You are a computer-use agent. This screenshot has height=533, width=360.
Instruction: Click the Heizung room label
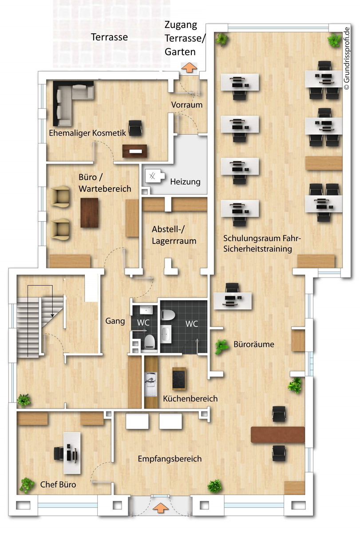(185, 182)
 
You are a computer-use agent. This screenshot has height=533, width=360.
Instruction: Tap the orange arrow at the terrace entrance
(189, 67)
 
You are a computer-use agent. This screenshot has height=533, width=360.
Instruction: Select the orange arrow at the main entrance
(161, 507)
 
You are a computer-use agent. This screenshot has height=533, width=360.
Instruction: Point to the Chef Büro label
(58, 484)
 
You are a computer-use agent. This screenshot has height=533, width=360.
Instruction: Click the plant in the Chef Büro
(27, 485)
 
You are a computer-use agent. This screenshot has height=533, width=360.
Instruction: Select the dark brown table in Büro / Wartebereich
(89, 213)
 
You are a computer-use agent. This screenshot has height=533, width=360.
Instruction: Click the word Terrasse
(109, 37)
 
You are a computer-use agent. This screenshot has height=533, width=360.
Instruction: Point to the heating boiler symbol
(153, 176)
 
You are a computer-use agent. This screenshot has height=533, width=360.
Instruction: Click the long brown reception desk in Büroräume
(278, 435)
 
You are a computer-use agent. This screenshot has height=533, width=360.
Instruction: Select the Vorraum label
(187, 105)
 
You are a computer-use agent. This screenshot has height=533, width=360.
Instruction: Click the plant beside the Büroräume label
(221, 346)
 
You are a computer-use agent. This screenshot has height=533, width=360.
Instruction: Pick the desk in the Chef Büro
(71, 453)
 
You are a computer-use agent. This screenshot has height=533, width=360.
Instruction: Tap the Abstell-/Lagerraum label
(174, 235)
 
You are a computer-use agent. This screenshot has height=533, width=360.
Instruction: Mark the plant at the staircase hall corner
(24, 400)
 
